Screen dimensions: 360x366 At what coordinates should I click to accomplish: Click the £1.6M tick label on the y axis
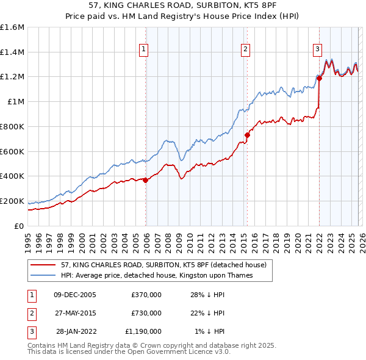pos(12,27)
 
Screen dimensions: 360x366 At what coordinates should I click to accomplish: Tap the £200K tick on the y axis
pos(12,201)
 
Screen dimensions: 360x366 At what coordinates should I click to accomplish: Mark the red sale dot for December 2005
pos(145,179)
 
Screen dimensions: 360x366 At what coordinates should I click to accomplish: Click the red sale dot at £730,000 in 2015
pos(247,135)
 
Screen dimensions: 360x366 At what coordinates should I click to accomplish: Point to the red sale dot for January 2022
pos(319,77)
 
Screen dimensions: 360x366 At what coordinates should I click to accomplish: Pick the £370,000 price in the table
pos(146,295)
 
